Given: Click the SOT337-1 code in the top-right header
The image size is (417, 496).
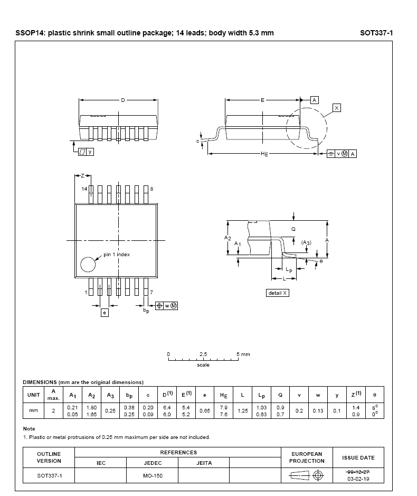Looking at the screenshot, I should pyautogui.click(x=376, y=33).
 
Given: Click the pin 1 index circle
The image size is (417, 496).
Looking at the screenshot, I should pyautogui.click(x=89, y=264).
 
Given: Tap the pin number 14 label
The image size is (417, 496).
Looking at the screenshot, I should pyautogui.click(x=84, y=189).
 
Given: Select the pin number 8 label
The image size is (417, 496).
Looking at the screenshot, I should pyautogui.click(x=151, y=189).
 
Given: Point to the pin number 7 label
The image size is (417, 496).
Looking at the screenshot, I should pyautogui.click(x=151, y=292).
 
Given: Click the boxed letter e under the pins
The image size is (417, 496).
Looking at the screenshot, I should pyautogui.click(x=105, y=313).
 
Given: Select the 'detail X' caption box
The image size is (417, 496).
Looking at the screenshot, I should pyautogui.click(x=278, y=293).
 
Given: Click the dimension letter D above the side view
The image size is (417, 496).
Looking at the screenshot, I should pyautogui.click(x=122, y=100).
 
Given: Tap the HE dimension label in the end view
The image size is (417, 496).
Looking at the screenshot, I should pyautogui.click(x=264, y=154).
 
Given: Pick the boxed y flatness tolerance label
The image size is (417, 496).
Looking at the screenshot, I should pyautogui.click(x=90, y=152).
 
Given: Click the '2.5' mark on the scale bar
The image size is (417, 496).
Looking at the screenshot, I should pyautogui.click(x=203, y=354).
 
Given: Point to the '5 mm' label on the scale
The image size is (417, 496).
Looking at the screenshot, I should pyautogui.click(x=243, y=354).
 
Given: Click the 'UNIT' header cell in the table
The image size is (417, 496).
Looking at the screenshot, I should pyautogui.click(x=33, y=395).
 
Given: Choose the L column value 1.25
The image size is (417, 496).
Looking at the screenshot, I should pyautogui.click(x=243, y=410).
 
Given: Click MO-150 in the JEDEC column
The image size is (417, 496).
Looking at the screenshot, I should pyautogui.click(x=153, y=476).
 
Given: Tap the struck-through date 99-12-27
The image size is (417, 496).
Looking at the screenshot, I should pyautogui.click(x=358, y=471).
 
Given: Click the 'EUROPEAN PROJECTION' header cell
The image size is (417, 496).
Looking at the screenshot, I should pyautogui.click(x=307, y=457).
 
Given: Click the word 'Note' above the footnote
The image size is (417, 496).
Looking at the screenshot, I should pyautogui.click(x=29, y=429).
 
